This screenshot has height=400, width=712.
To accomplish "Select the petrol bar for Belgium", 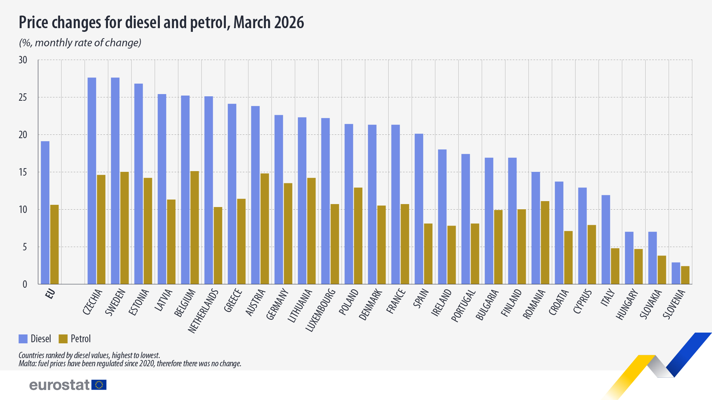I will pos(194,227).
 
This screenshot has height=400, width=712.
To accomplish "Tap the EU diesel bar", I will pos(45,213).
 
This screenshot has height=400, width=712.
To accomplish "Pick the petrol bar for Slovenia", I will pos(685,275).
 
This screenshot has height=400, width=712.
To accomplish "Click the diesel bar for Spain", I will pos(419,209).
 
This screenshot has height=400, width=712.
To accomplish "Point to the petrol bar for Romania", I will pos(545,243).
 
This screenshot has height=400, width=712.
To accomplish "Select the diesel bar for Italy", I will pos(606,240).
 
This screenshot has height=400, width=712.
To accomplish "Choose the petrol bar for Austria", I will pos(264,229).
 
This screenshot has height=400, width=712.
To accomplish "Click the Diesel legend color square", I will pos(23,339).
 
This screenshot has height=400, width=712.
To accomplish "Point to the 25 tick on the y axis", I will pos(23,97).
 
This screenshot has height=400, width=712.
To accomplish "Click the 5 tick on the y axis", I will pos(25,247).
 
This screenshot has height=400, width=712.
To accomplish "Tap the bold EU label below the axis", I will pos(50,294).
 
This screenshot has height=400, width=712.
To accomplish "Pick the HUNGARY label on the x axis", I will pos(627,304).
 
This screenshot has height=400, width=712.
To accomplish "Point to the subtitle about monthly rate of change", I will pos(80,43).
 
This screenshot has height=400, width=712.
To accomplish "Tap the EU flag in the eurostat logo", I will pos(99,385).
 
